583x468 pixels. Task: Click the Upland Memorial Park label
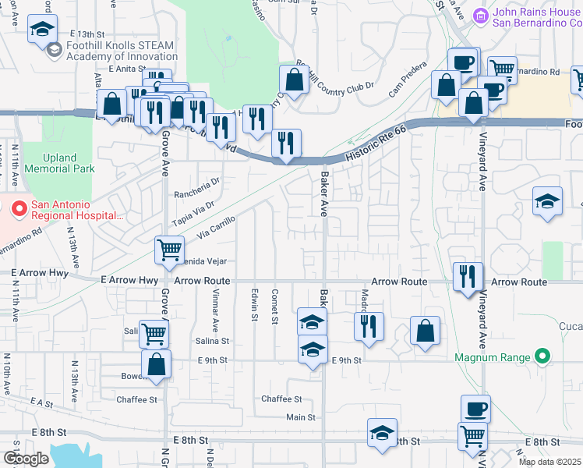pyautogui.click(x=59, y=163)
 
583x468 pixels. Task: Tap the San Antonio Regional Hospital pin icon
pyautogui.click(x=17, y=208)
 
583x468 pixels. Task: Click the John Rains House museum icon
pyautogui.click(x=481, y=15)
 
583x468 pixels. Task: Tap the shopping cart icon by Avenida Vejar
pyautogui.click(x=169, y=250)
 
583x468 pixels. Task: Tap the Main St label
pyautogui.click(x=301, y=417)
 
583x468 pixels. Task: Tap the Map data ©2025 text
pyautogui.click(x=549, y=462)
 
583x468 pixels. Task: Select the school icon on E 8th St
pyautogui.click(x=382, y=434)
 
